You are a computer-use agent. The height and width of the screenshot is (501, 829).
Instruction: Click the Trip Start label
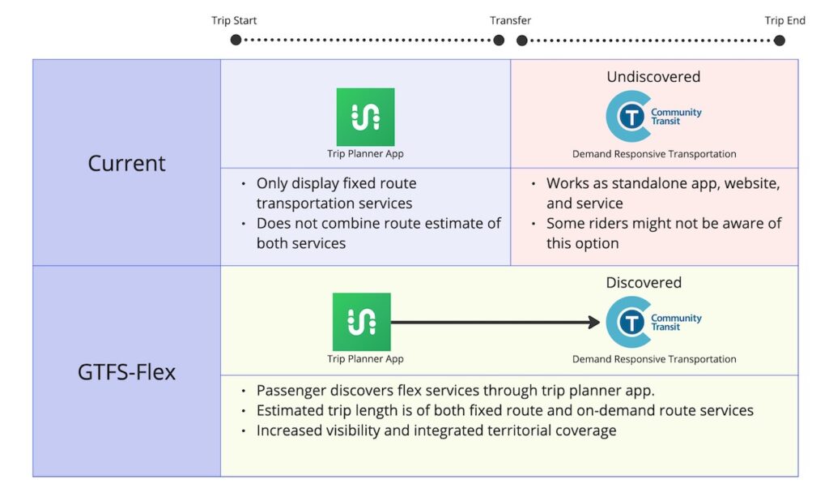pos(234,20)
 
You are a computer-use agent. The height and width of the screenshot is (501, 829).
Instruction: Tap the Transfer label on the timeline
pos(510,20)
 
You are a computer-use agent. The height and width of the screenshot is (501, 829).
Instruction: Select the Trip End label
pos(784,20)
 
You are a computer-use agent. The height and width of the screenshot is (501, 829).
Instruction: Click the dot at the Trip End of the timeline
pos(779,40)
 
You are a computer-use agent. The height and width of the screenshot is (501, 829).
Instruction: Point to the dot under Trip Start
pos(236,40)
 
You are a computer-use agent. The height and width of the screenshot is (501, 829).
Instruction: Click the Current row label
pos(126,163)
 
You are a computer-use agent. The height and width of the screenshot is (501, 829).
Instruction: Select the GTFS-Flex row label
pos(126,372)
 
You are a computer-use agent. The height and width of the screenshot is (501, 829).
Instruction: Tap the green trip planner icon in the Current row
pos(365,117)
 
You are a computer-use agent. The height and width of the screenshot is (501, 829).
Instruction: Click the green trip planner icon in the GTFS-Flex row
pos(361,322)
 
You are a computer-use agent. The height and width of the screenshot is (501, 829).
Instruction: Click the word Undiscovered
pos(653,77)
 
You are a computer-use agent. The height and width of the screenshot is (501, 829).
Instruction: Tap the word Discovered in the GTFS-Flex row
pos(644,283)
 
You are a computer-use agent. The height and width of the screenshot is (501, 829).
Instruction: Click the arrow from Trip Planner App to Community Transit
pos(494,322)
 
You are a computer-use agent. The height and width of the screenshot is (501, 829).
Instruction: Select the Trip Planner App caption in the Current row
pos(365,154)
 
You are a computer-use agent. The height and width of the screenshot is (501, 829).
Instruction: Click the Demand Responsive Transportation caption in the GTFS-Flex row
pos(654,359)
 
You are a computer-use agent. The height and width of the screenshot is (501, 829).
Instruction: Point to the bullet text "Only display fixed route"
pos(336,183)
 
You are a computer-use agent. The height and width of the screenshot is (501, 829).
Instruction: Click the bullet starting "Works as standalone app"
pos(663,183)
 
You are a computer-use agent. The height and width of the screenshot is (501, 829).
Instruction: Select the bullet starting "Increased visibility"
pos(436,430)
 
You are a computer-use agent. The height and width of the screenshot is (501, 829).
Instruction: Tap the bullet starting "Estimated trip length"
pos(504,410)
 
